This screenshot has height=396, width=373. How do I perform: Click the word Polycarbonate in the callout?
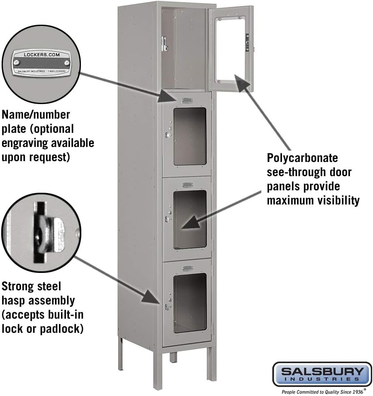302,158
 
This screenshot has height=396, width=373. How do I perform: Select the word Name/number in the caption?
36,115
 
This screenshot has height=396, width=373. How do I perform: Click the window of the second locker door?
190,136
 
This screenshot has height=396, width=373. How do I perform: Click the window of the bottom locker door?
190,302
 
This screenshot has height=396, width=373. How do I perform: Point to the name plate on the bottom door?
187,268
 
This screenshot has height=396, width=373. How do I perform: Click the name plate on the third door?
187,185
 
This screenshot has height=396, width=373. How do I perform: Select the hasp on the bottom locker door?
167,307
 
